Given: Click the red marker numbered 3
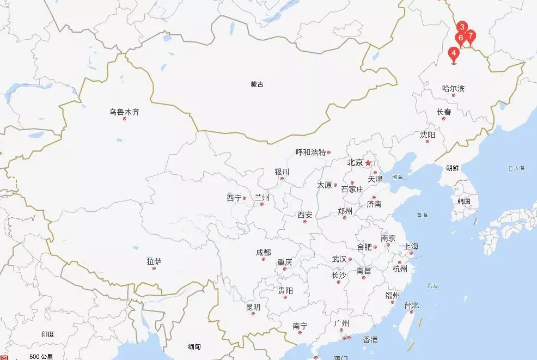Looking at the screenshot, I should pos(462,27).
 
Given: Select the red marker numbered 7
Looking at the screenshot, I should pos(471,36).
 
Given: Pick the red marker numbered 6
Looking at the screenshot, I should pos(461,38).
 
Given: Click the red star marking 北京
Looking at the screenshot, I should pos(368,162).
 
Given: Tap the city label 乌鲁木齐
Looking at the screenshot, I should pos(124,112).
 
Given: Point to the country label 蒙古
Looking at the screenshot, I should pos(257,84).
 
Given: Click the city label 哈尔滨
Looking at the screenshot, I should pos(453,88).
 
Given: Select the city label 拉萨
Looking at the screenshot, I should pos(154,262).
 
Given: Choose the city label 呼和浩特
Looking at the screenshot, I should pos(310,152).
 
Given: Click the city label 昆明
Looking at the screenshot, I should pos(253,307).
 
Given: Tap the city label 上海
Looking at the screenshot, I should pos(411,247).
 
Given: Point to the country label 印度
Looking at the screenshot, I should pos(47,334).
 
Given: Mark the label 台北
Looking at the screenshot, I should pos(411,306).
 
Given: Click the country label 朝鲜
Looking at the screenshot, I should pos(452,168).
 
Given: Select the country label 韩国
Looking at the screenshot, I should pos(464,201).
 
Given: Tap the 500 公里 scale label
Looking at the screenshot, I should pos(41,357).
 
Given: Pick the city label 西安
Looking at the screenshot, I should pos(305,215).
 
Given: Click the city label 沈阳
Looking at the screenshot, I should pos(428,135).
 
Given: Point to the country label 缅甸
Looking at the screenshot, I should pos(194,347).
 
